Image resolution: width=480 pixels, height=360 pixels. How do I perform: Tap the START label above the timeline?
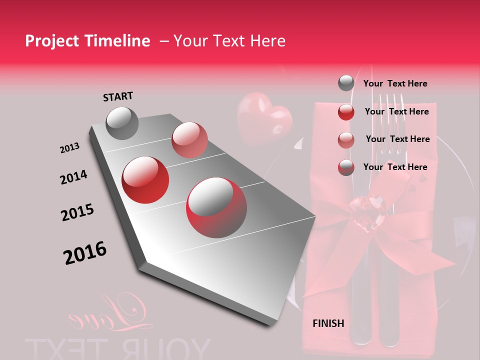(118, 96)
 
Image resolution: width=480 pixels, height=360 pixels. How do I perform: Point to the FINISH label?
(328, 323)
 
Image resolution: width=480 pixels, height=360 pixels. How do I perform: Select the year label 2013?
(69, 148)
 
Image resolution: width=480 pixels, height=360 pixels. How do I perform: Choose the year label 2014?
(73, 177)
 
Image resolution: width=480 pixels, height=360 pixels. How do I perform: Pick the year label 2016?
(85, 252)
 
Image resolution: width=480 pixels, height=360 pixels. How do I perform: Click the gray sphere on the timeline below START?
(122, 123)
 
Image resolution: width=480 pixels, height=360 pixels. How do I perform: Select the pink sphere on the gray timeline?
(189, 139)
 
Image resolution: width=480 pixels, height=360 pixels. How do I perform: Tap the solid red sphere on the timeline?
(145, 179)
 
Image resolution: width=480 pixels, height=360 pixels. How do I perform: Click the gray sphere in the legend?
(346, 83)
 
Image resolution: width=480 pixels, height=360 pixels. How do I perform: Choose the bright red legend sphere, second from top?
(346, 111)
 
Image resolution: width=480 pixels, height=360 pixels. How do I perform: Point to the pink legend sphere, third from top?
(346, 139)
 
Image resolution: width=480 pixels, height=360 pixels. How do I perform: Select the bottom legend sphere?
(346, 167)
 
